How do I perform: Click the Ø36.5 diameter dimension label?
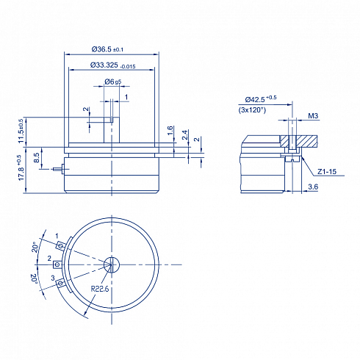107,49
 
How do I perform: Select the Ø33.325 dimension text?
113,65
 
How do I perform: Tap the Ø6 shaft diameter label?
113,82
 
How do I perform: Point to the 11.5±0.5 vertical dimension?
21,131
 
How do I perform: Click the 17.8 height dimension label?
21,168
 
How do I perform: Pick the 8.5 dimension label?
36,158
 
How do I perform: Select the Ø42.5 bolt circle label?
261,99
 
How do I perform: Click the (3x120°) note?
252,110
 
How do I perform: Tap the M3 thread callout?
313,115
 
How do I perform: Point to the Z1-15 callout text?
327,172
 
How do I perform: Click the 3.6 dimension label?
313,187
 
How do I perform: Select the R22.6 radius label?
100,289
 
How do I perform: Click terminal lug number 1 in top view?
60,245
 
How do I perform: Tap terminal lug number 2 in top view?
57,264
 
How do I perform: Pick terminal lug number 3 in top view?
60,284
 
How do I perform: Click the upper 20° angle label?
35,247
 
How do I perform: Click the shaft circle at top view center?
112,264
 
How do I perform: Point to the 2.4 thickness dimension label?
185,135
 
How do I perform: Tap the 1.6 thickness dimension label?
170,131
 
